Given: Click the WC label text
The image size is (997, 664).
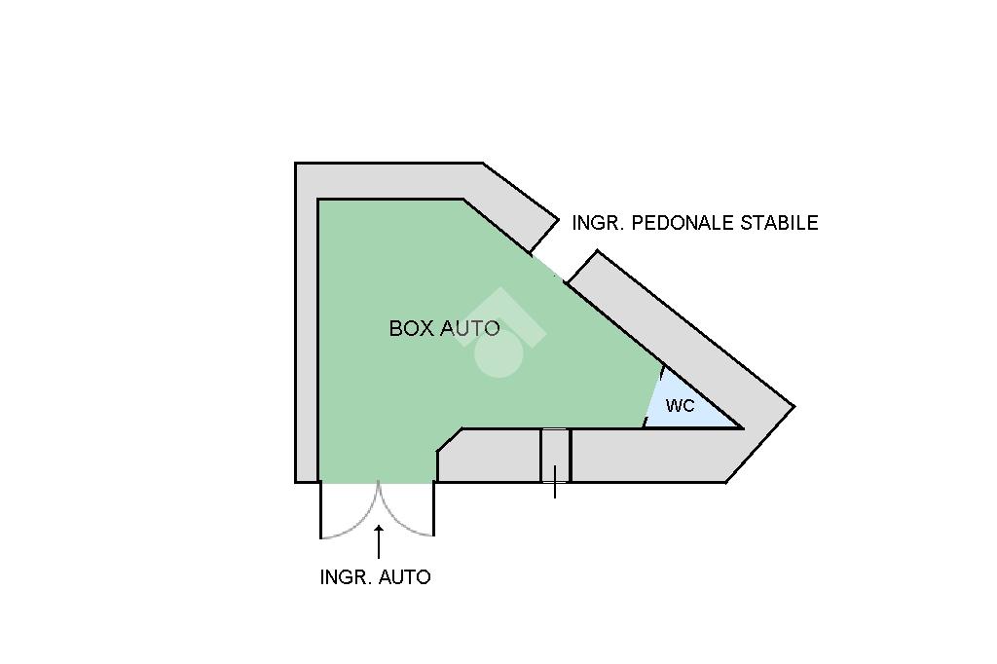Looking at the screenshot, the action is [x=680, y=405].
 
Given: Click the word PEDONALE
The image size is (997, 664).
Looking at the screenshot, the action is [x=683, y=223].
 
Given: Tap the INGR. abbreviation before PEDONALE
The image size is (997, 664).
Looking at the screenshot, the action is [x=599, y=223].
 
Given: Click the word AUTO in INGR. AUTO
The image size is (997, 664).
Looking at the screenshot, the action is [x=404, y=577].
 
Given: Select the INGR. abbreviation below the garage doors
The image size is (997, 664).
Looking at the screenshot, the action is [x=346, y=577].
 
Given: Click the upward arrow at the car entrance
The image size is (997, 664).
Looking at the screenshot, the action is [x=379, y=540].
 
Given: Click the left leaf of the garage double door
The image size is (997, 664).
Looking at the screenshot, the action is [x=349, y=511].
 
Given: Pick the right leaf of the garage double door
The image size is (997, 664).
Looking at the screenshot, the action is [x=407, y=511].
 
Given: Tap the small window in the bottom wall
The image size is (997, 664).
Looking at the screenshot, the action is [x=555, y=455].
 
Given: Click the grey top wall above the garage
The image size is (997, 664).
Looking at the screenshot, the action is [x=389, y=181].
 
